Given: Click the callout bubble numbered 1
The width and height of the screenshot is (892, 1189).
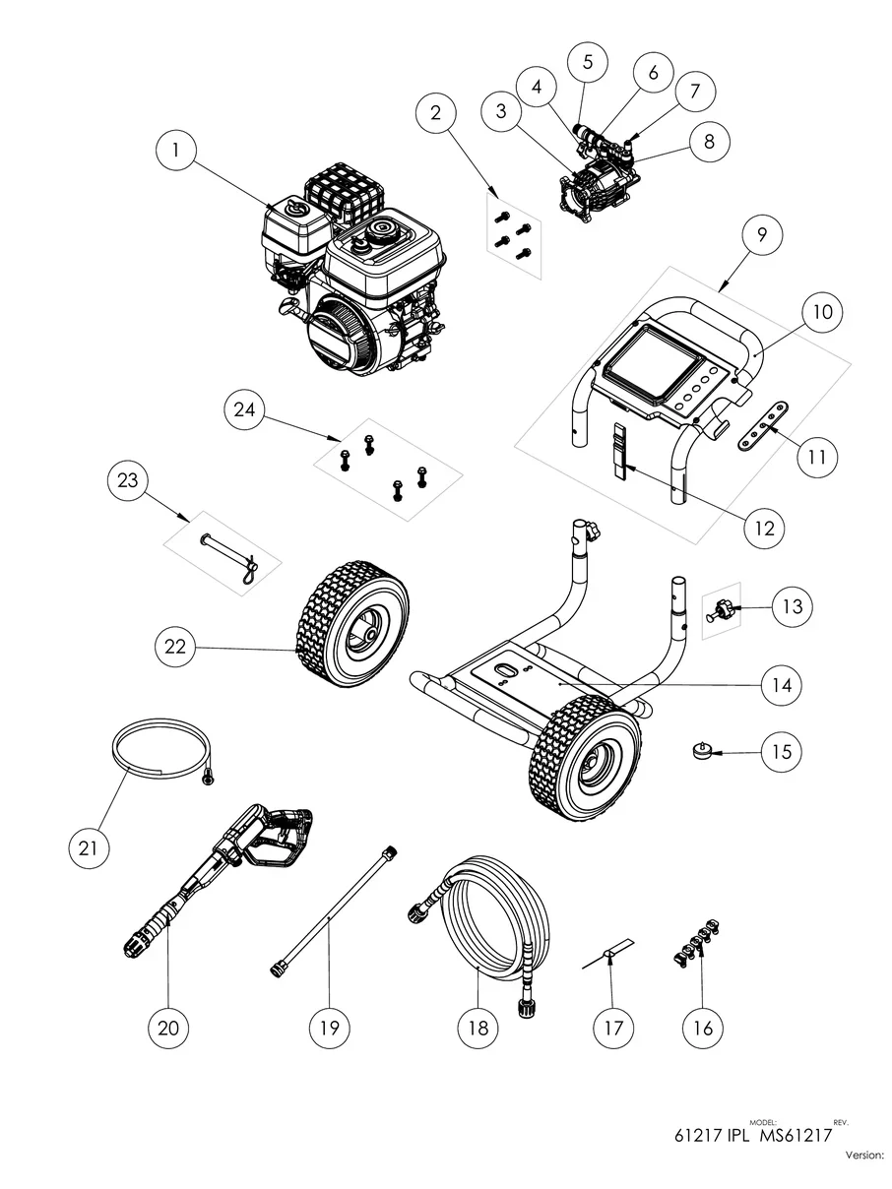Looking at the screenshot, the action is pos(175,150).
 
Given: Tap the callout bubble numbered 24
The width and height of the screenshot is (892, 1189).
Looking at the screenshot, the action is pos(244,409).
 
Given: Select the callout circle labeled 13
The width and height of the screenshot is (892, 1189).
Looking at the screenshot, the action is pos(793,606).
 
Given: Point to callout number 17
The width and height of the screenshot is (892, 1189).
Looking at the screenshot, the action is pos(612,1028).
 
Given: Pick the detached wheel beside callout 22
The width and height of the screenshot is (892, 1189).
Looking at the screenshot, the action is pos(353,624).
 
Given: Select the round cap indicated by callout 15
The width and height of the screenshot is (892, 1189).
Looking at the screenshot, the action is pos(702,752).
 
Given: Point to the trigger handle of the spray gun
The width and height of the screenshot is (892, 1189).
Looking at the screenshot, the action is pos(278,843).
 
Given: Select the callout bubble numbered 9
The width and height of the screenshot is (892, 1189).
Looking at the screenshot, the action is pos(762,235).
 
